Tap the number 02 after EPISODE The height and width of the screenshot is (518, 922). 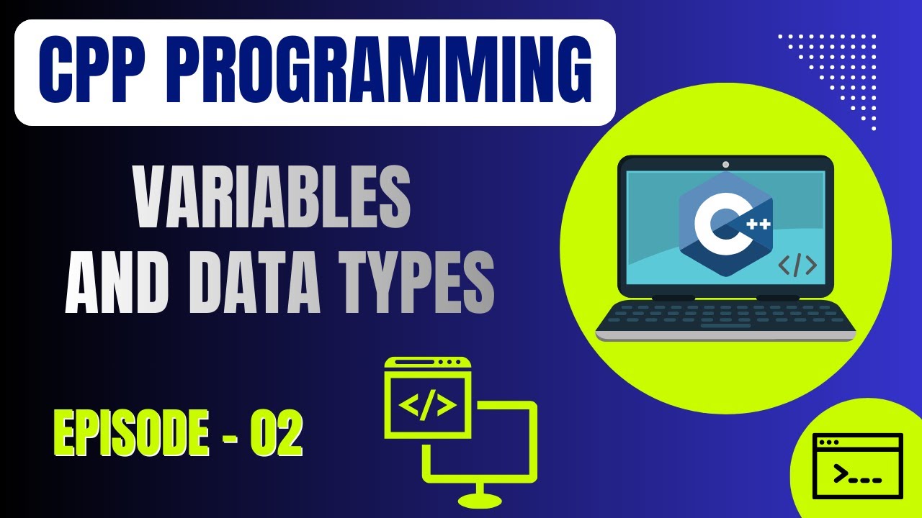click(x=276, y=434)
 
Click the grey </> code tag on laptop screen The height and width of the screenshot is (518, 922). click(x=797, y=265)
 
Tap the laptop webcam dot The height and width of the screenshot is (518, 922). click(x=725, y=165)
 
